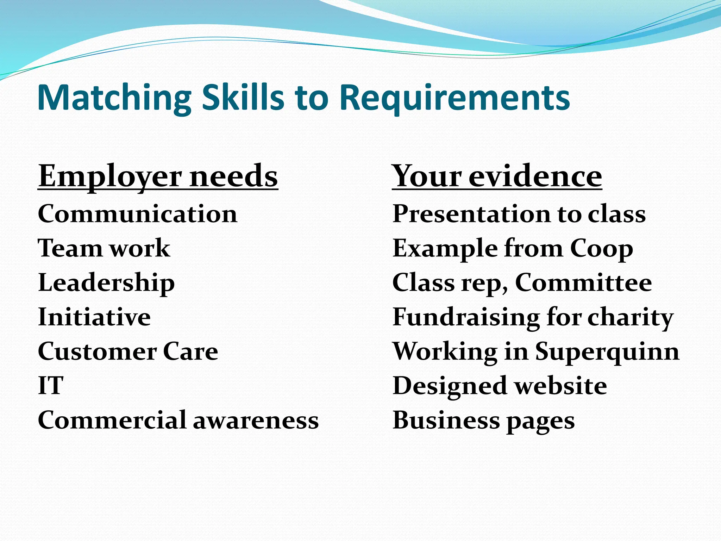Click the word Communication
(x=138, y=214)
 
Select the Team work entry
(x=104, y=248)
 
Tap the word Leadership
(x=106, y=283)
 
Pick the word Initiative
(x=94, y=317)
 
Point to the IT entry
(x=51, y=386)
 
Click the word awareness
(x=256, y=420)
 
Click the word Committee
(x=583, y=283)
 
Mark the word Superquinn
(x=607, y=352)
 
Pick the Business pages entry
(x=483, y=421)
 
